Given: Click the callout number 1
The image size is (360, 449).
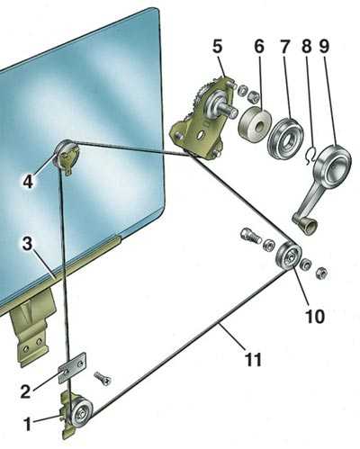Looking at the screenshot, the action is coord(28,425).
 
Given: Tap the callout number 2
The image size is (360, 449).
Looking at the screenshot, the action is coord(26,391).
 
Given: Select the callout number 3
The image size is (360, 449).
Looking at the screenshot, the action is coord(27,245).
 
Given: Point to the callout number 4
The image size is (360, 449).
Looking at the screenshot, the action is coord(28,181).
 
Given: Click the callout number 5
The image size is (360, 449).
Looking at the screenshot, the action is coord(218,47).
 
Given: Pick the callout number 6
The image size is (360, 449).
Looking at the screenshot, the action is coord(258,47).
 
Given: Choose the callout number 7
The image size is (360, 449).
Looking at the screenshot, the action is coord(284,47).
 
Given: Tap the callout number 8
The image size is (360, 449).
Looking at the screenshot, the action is coord(307,47).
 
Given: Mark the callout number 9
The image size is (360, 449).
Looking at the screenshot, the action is coord(324,47).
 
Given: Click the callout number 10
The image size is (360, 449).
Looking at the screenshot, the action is coord(315,316).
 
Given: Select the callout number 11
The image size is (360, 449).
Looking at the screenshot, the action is coord(254,359).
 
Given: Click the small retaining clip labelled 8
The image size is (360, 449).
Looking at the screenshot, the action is coord(310,156).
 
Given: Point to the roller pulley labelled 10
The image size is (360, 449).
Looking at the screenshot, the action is coord(289,256).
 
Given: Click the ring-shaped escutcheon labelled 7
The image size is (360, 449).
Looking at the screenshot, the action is coord(285,138).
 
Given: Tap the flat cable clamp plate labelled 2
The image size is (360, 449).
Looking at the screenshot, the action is coord(73,368).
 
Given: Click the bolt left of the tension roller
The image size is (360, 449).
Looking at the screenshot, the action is coord(250,236).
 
